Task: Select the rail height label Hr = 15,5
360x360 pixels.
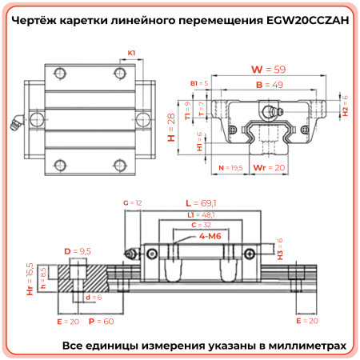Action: point(30,277)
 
